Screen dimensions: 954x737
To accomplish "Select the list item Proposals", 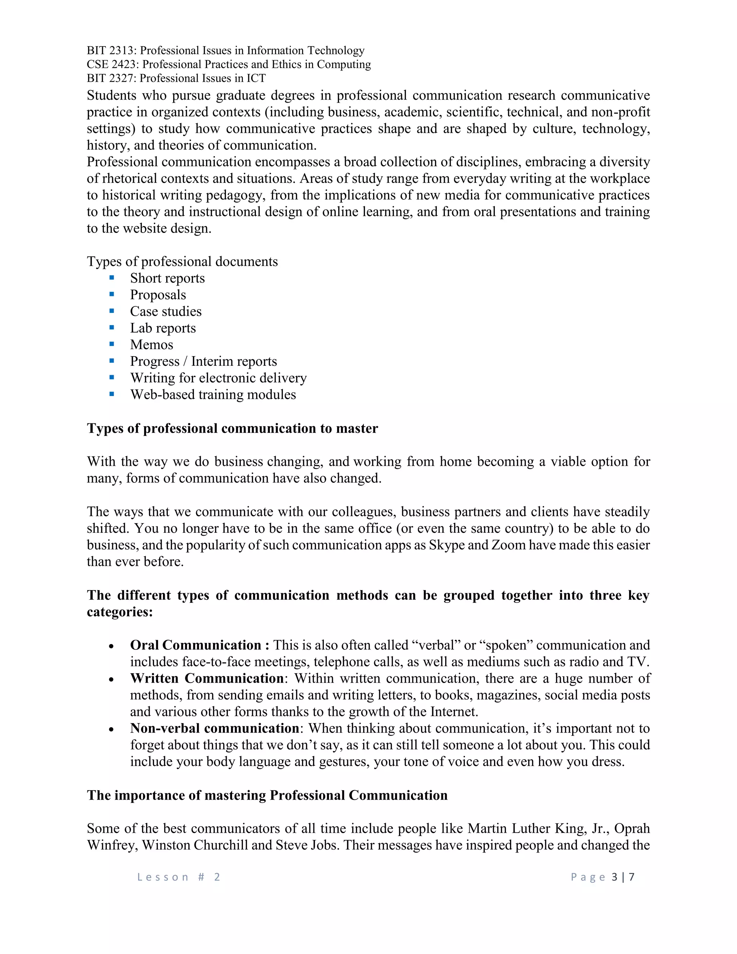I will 158,295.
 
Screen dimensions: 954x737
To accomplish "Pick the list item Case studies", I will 166,311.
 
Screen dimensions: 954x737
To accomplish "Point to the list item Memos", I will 152,345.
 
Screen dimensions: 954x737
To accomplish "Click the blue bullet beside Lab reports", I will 112,327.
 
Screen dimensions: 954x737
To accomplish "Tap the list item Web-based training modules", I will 213,395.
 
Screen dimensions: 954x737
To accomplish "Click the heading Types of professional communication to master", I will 232,428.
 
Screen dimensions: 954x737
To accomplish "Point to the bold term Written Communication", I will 207,678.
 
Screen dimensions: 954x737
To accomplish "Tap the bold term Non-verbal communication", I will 214,728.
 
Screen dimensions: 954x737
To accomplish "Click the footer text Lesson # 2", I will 178,877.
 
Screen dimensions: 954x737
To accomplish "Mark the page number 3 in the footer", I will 614,877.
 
